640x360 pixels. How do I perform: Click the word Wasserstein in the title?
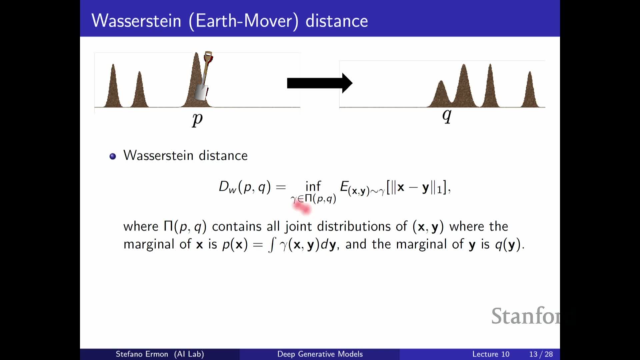coord(136,21)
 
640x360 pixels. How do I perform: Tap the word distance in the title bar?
coord(337,21)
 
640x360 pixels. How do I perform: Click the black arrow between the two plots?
coord(320,83)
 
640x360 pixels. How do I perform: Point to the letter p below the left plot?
coord(197,119)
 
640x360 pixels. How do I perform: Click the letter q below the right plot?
coord(447,116)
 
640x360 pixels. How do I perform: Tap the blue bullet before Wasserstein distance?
coord(113,156)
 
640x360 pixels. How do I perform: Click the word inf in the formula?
coord(313,186)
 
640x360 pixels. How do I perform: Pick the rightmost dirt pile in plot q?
coord(530,90)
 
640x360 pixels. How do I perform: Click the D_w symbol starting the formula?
coord(227,187)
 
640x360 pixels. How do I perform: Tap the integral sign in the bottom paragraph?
coord(272,244)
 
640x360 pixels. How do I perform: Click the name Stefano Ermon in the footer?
coord(142,354)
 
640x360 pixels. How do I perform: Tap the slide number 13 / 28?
coord(541,354)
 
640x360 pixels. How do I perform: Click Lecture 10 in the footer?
coord(491,354)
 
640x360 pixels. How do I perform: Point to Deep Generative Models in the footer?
coord(320,354)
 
